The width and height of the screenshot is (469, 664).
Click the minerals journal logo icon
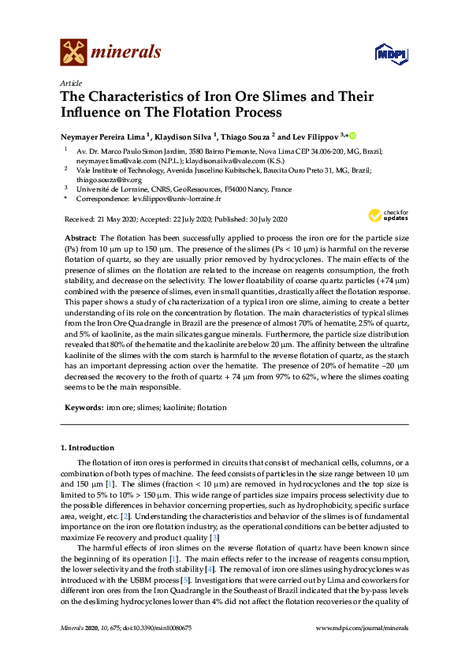click(x=73, y=53)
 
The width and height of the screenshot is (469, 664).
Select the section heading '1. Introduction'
click(x=87, y=448)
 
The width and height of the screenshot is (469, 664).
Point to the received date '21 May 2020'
click(x=117, y=218)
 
